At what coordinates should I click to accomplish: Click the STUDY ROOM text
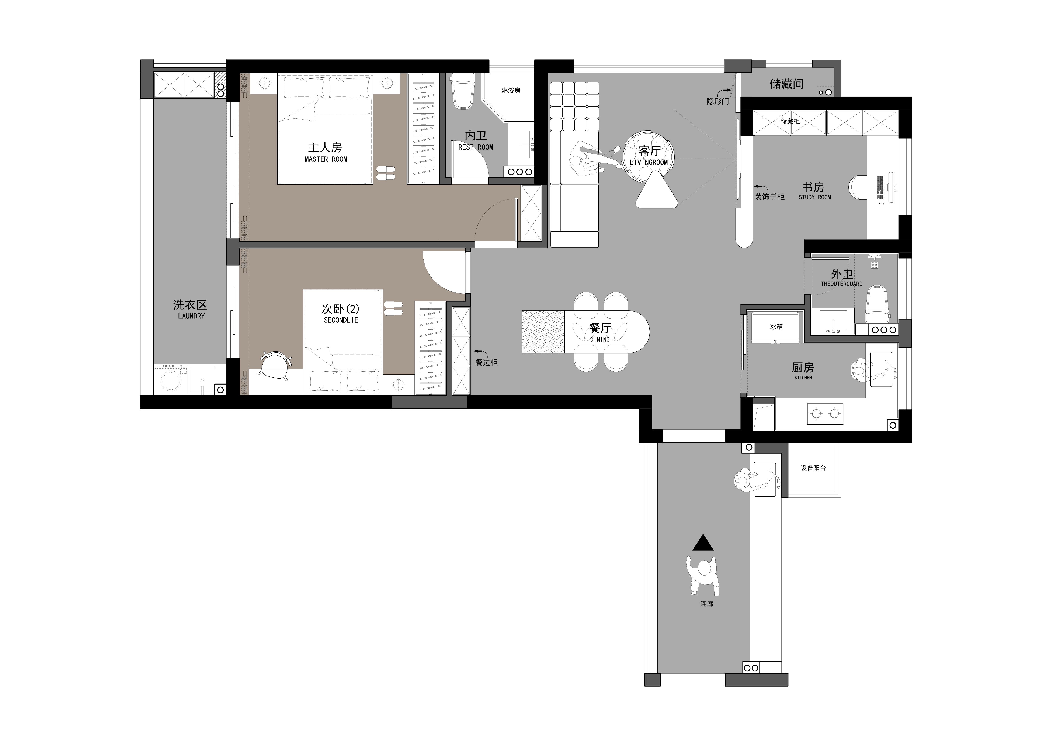814,197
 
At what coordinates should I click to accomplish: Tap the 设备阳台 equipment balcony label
813,468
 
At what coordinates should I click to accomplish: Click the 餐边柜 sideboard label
486,362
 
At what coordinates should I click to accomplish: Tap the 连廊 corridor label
707,604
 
